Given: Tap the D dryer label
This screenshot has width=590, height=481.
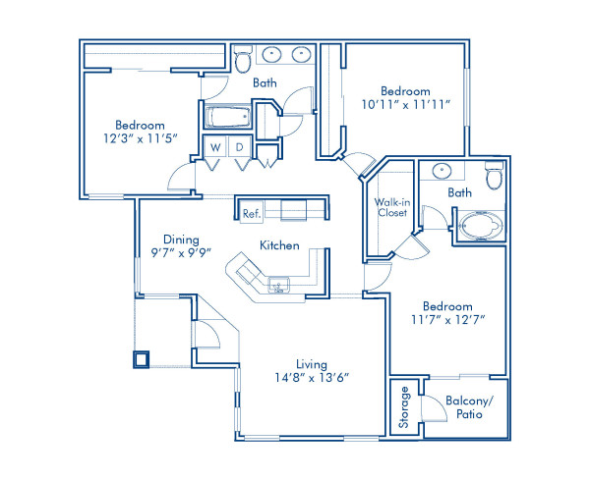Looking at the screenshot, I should pos(239,147).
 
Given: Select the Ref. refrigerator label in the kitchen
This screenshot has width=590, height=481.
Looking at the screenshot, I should pos(250,210).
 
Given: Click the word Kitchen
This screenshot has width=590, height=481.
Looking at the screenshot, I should pos(279,245).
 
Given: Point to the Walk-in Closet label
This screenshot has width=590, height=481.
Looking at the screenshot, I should pos(391,207).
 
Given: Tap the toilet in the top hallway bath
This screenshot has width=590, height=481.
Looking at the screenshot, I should pos(243,63).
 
